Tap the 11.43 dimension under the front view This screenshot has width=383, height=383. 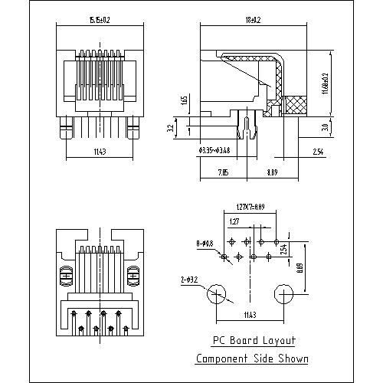(x=100, y=152)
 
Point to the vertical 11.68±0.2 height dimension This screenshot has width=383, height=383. (x=326, y=83)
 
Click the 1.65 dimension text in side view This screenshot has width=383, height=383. (x=185, y=101)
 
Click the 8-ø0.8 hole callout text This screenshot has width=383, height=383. (x=205, y=243)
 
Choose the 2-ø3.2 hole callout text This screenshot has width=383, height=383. (x=188, y=280)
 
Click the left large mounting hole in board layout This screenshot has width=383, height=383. (x=218, y=293)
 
